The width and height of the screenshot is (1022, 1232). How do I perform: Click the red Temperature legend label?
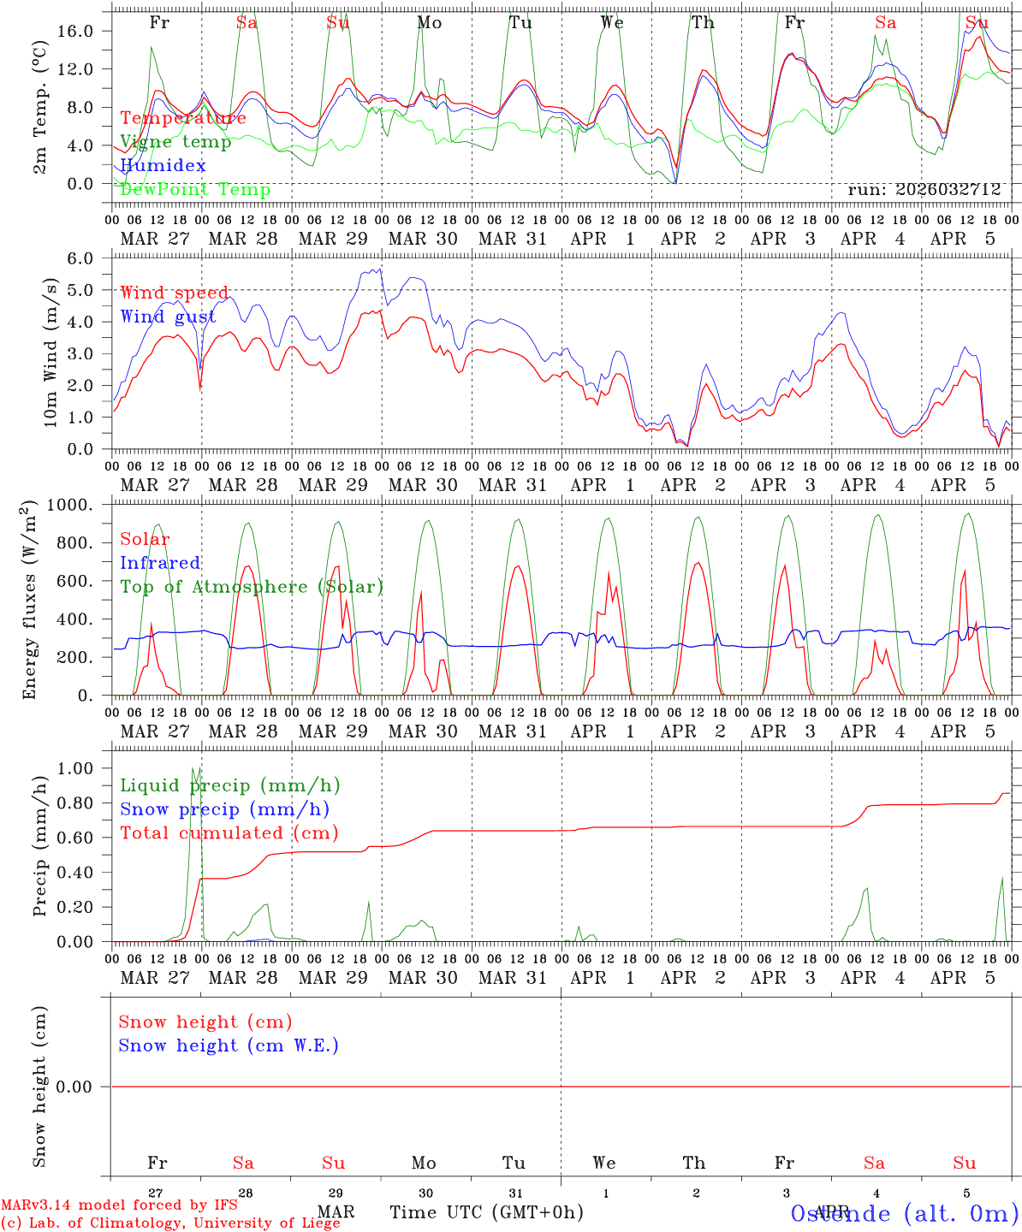[x=183, y=118]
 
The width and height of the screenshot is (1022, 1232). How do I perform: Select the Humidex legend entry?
[x=163, y=166]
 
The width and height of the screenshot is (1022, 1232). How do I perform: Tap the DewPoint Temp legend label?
[x=195, y=190]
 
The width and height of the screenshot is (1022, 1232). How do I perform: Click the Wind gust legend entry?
[x=168, y=317]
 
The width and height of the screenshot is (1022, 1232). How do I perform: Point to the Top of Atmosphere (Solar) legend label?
[x=252, y=587]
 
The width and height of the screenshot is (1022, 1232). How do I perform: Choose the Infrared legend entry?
[x=160, y=563]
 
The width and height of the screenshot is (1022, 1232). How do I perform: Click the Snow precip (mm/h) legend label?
[x=224, y=809]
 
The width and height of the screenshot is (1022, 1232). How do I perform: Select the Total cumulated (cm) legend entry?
[x=229, y=833]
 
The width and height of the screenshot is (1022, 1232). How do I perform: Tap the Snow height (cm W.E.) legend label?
[x=228, y=1045]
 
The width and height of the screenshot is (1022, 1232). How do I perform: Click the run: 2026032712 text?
[x=924, y=190]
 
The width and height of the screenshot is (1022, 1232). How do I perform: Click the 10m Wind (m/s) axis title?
[x=50, y=352]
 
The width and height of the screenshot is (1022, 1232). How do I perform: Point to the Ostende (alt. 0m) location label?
[x=904, y=1213]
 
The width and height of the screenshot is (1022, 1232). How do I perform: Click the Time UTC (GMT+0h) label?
[x=487, y=1212]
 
